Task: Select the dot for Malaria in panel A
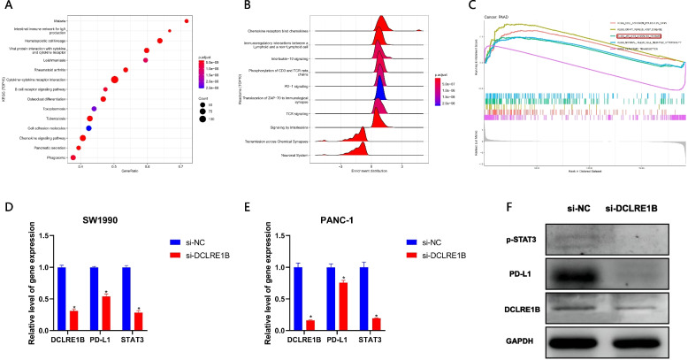(x=187, y=20)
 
